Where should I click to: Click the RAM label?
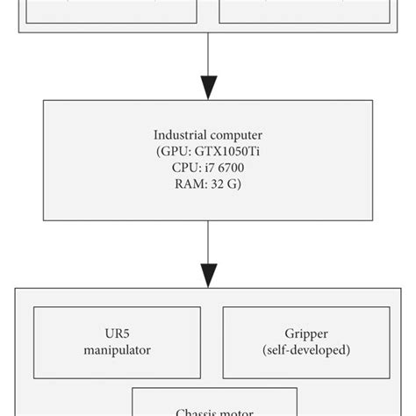coord(189,185)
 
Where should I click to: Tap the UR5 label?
coord(117,335)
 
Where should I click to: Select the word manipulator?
coord(117,351)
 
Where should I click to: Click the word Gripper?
coord(306,335)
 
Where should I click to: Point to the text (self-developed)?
coord(306,351)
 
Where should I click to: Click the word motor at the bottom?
coord(238,411)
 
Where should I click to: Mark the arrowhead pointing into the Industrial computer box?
coord(208,87)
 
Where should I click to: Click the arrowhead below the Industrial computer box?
coord(208,274)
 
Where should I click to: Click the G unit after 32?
coord(234,185)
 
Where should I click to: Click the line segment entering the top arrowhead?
coord(208,53)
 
